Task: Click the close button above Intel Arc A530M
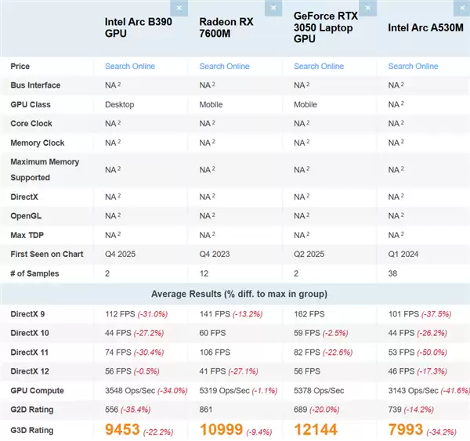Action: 461,8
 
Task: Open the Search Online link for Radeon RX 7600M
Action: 224,66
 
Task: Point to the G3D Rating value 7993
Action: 406,429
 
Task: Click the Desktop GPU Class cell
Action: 119,104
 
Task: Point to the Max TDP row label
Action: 29,234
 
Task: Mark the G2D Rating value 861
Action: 206,410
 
